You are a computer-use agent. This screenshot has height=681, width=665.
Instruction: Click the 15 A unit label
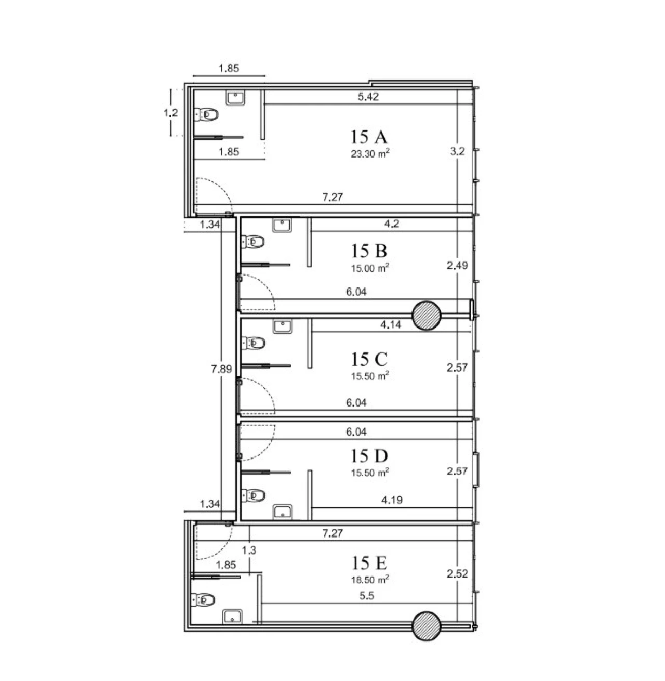(369, 137)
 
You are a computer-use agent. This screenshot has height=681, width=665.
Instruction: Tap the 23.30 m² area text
(370, 153)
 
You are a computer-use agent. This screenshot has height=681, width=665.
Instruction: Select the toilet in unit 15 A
(206, 114)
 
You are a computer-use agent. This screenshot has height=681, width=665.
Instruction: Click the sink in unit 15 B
(282, 225)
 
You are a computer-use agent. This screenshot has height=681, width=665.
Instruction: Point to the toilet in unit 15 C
(253, 343)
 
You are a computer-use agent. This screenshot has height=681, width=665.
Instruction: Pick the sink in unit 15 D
(282, 513)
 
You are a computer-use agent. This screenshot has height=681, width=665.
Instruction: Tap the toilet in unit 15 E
(203, 600)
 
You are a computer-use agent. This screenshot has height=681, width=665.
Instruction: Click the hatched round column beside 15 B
(427, 316)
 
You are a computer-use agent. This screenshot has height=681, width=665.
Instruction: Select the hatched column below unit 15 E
(427, 626)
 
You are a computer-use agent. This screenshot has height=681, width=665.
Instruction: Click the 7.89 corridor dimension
(221, 369)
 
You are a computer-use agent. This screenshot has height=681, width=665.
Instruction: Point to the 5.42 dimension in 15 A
(368, 97)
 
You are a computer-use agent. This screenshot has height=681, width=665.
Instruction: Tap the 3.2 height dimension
(457, 151)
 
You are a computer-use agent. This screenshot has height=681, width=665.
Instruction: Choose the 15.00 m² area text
(370, 268)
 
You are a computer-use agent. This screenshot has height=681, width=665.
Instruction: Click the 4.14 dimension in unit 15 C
(391, 325)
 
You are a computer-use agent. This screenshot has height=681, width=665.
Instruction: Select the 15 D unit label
(369, 455)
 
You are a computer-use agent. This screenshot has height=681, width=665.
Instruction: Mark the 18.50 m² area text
(370, 580)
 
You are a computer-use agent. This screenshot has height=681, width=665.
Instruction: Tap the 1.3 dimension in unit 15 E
(249, 550)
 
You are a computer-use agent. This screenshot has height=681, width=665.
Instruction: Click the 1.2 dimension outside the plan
(171, 113)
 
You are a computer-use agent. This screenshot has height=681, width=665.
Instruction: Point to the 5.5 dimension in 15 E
(367, 596)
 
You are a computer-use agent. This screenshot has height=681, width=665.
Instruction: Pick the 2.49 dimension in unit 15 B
(457, 265)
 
